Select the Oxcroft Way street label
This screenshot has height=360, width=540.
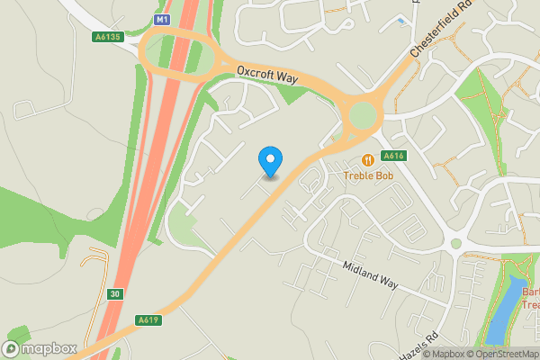(268, 75)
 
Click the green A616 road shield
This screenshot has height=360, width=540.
(394, 156)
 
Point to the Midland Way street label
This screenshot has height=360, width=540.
(370, 275)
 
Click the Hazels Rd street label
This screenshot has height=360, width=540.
(421, 342)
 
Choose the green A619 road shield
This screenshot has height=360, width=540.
(149, 319)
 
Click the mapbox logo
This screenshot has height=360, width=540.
(40, 348)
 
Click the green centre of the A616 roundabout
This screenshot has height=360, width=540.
(364, 115)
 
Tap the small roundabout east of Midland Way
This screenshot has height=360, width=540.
(455, 244)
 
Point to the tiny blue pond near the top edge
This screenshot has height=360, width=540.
(400, 20)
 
